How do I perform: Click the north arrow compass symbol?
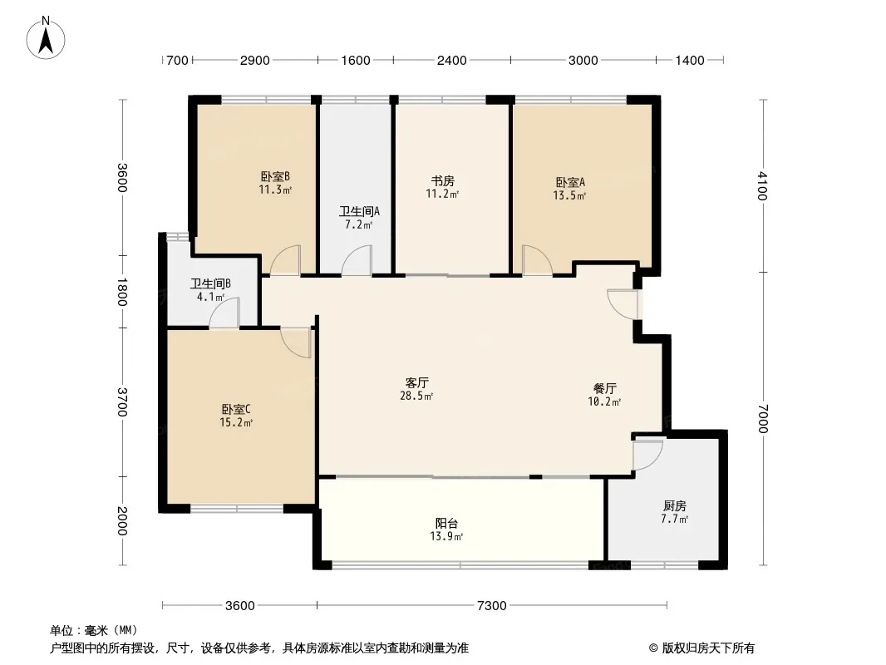46,38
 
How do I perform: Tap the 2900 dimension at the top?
255,61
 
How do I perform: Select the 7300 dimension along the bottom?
491,606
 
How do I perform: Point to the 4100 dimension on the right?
762,186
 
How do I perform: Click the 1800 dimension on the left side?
122,292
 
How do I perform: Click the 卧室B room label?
275,177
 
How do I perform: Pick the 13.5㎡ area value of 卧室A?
569,195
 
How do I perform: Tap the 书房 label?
442,181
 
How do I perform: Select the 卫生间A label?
359,211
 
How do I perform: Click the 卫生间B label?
210,283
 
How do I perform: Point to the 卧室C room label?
235,409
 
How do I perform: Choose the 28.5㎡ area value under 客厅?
416,396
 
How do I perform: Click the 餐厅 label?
604,388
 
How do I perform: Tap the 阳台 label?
446,523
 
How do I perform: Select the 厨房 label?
675,505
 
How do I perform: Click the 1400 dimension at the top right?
690,61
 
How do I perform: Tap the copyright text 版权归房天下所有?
708,648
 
